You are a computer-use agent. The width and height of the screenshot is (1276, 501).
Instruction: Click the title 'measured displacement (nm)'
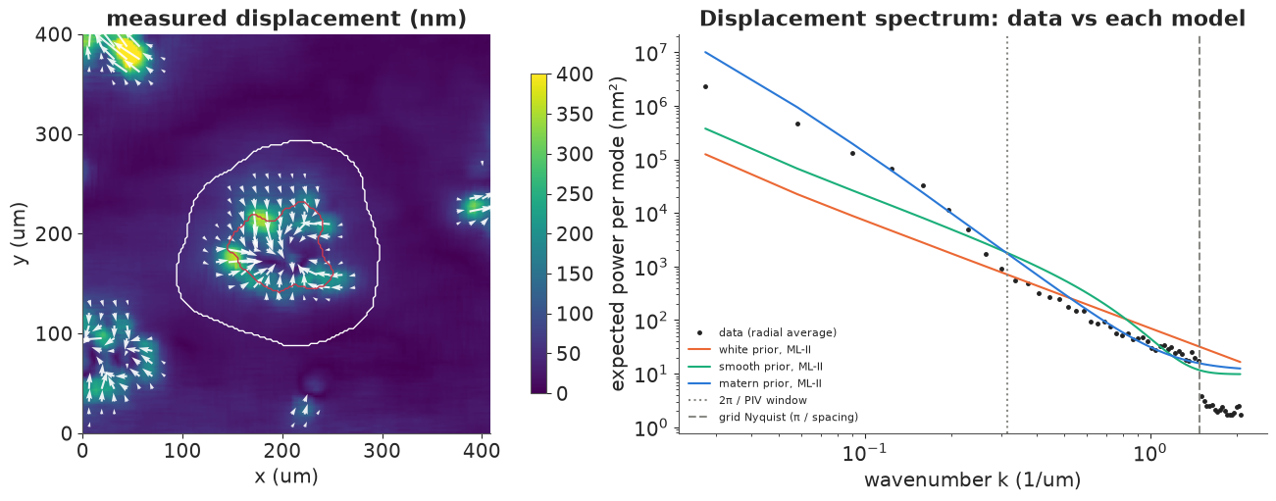pos(286,19)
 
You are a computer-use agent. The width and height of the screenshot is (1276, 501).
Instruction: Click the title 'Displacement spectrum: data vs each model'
pos(972,19)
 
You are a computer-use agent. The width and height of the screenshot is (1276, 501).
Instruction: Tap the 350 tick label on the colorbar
pos(574,115)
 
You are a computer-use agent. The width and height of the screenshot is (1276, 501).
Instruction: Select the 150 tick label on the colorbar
pos(574,274)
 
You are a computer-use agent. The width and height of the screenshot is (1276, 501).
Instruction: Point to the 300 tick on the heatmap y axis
pos(54,135)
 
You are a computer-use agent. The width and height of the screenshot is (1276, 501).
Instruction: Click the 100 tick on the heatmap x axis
pos(182,451)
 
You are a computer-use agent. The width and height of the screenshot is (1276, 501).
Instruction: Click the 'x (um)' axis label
pos(286,476)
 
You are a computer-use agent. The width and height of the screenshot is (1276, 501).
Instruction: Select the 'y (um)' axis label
pos(19,233)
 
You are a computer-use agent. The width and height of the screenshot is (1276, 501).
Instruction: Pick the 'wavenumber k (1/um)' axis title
pos(972,480)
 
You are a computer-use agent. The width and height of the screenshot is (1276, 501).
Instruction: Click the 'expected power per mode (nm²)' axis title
pos(618,233)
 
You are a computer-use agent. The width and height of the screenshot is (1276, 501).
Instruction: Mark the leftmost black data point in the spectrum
pos(705,86)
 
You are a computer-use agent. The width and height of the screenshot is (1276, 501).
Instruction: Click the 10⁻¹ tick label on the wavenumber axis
pos(864,453)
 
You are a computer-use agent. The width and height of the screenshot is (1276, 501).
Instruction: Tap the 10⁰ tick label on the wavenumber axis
pos(1148,453)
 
